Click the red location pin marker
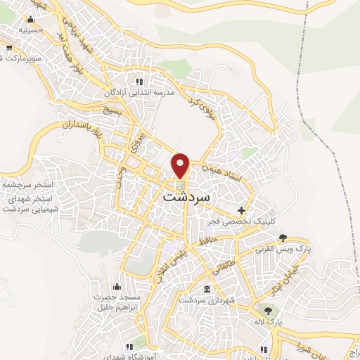(181, 165)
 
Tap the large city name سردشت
(186, 198)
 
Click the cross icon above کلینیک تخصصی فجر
(242, 210)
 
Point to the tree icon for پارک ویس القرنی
(283, 237)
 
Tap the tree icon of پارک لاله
(267, 309)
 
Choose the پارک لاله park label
(268, 321)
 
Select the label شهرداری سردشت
(204, 300)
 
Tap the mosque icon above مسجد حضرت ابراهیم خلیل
(117, 285)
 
